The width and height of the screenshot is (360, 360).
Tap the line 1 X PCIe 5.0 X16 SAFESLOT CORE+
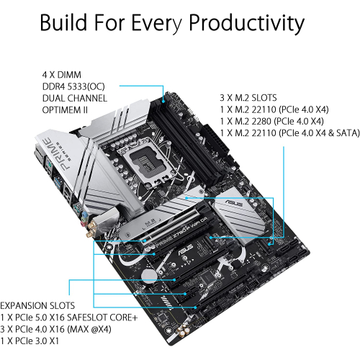point(79,317)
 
